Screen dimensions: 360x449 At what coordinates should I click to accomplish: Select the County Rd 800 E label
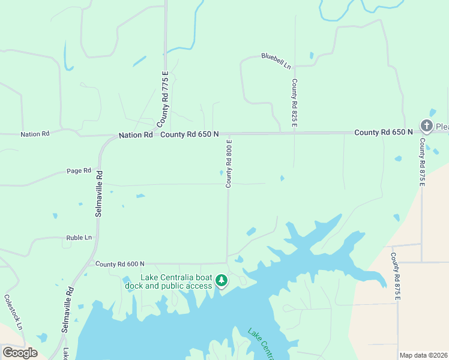(229, 163)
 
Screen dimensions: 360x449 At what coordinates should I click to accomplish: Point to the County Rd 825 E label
(295, 103)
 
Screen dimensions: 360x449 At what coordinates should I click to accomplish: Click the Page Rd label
(79, 170)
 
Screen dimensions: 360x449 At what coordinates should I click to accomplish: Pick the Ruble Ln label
(79, 238)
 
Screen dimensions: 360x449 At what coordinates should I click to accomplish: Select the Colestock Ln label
(13, 311)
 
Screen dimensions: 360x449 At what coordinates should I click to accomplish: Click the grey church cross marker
(426, 126)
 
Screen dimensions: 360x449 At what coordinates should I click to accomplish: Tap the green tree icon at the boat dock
(221, 280)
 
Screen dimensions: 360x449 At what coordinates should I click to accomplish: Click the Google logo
(20, 353)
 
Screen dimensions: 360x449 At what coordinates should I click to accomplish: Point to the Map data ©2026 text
(423, 355)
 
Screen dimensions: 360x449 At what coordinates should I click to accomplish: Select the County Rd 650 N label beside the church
(384, 132)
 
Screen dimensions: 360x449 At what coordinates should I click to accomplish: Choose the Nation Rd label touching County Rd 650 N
(136, 136)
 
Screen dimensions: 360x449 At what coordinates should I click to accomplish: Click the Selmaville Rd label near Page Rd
(100, 192)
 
